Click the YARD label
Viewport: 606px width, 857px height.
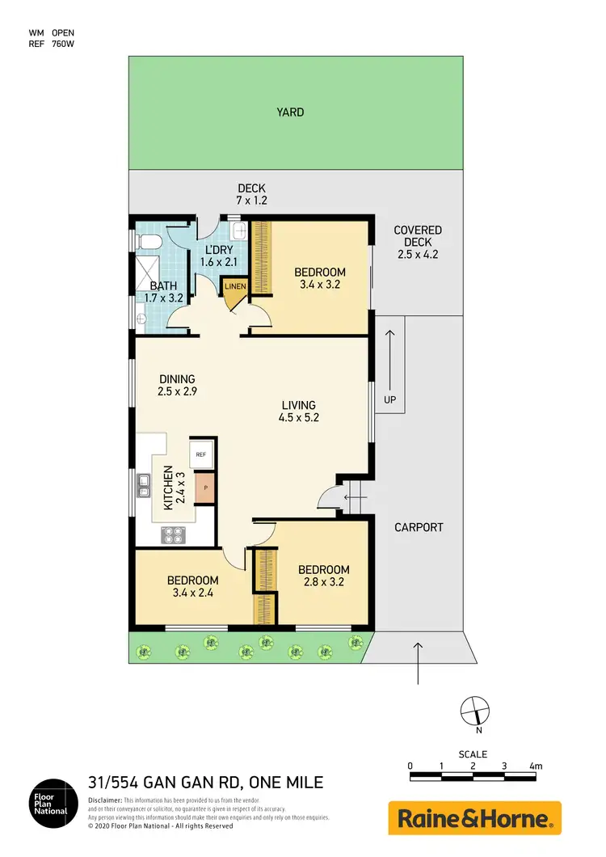[x=290, y=112]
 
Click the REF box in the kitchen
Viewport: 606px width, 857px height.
[x=201, y=454]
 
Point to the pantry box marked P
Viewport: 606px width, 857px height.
[x=206, y=488]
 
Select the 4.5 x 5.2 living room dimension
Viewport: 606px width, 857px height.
[x=298, y=419]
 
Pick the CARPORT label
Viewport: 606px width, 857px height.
[x=419, y=527]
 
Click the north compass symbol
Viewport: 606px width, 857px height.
[x=473, y=711]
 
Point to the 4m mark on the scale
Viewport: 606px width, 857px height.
[x=534, y=766]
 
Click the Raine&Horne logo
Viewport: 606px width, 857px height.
[x=474, y=817]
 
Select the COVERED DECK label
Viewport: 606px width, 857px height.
[x=418, y=242]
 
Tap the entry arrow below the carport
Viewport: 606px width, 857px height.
[x=418, y=663]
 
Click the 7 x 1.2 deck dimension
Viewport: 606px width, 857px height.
[x=251, y=200]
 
